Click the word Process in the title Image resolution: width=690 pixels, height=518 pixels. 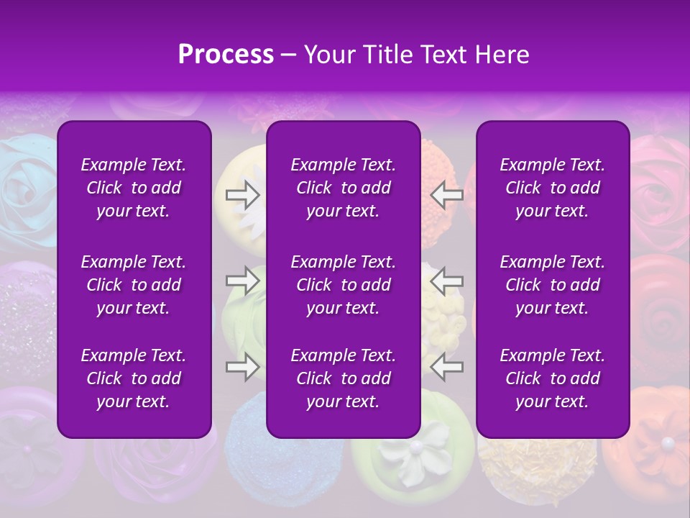(226, 55)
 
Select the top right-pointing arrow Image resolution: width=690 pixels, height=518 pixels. (242, 194)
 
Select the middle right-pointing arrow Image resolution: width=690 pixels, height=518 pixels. (242, 280)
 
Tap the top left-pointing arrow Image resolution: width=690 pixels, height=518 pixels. (447, 194)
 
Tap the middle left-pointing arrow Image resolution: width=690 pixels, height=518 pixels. (447, 280)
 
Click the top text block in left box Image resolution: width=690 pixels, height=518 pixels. (134, 188)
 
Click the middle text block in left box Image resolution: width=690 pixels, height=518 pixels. (134, 285)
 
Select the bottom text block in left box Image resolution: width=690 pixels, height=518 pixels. (134, 378)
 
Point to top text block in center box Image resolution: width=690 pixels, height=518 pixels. (343, 188)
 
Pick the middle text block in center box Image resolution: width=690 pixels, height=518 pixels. (343, 285)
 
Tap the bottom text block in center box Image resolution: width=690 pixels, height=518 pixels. (343, 378)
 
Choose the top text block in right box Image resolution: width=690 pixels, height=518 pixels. (552, 188)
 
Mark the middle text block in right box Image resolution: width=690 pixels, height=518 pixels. (552, 285)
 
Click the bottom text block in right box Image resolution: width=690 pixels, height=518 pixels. (552, 378)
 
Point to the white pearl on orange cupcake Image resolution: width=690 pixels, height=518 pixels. (668, 442)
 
